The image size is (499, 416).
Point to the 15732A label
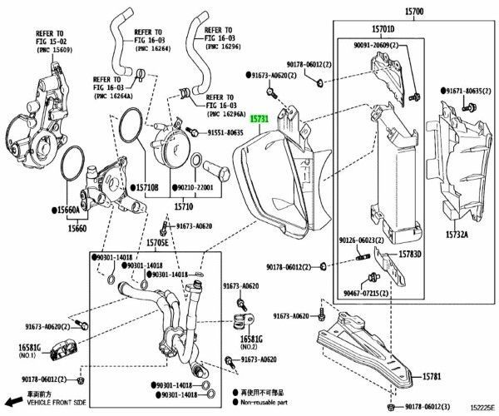(455, 235)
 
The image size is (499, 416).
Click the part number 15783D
(410, 254)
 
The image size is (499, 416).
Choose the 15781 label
(432, 376)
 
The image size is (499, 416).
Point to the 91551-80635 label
(225, 132)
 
